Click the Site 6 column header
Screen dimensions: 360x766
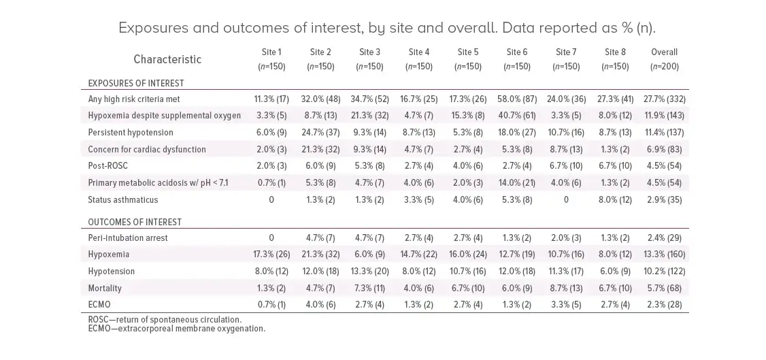click(x=517, y=59)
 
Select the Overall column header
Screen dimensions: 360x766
click(x=664, y=59)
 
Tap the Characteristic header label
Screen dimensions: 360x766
click(x=167, y=59)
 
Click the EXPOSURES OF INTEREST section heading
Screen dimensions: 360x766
click(x=136, y=83)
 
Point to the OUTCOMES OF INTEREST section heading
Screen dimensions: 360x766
click(x=134, y=222)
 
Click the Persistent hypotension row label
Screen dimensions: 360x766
click(x=131, y=133)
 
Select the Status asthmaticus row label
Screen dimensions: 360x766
click(x=123, y=199)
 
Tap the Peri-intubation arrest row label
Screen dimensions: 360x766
click(x=128, y=238)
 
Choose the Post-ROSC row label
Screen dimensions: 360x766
click(x=109, y=166)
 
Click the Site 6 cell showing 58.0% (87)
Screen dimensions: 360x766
click(x=517, y=99)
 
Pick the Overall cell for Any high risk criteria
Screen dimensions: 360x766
click(x=664, y=99)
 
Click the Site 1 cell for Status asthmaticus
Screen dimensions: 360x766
click(x=271, y=199)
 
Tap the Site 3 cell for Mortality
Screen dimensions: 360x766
click(x=370, y=288)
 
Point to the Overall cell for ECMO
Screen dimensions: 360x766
click(x=664, y=304)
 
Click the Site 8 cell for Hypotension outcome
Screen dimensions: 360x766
click(x=616, y=271)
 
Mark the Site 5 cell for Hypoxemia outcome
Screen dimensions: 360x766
click(x=468, y=255)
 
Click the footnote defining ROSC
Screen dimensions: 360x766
click(x=165, y=319)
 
